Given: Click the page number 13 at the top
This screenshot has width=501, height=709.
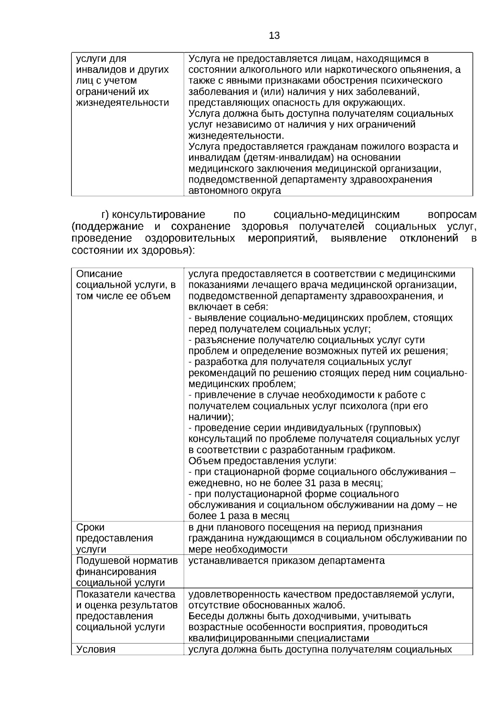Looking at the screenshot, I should (274, 36).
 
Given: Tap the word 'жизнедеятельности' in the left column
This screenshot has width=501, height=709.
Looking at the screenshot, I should (122, 103).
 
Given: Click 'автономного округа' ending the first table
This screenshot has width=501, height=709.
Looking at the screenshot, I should (235, 191).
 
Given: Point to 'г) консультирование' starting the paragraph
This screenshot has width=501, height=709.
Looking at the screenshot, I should (154, 215).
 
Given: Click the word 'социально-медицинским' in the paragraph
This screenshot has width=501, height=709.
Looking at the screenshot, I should (337, 215).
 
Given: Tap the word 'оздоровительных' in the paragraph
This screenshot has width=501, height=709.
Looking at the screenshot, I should (190, 238).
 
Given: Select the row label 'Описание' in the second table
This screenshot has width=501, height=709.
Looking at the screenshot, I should (99, 274).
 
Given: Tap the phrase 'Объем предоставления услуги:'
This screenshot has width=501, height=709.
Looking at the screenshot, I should (263, 461).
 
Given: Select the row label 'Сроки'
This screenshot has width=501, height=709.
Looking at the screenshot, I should (91, 527).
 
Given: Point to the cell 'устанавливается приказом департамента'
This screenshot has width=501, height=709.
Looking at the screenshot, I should (286, 561).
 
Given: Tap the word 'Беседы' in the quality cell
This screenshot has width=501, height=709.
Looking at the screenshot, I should (205, 616).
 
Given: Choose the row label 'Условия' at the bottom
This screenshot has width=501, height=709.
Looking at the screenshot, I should (96, 650).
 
